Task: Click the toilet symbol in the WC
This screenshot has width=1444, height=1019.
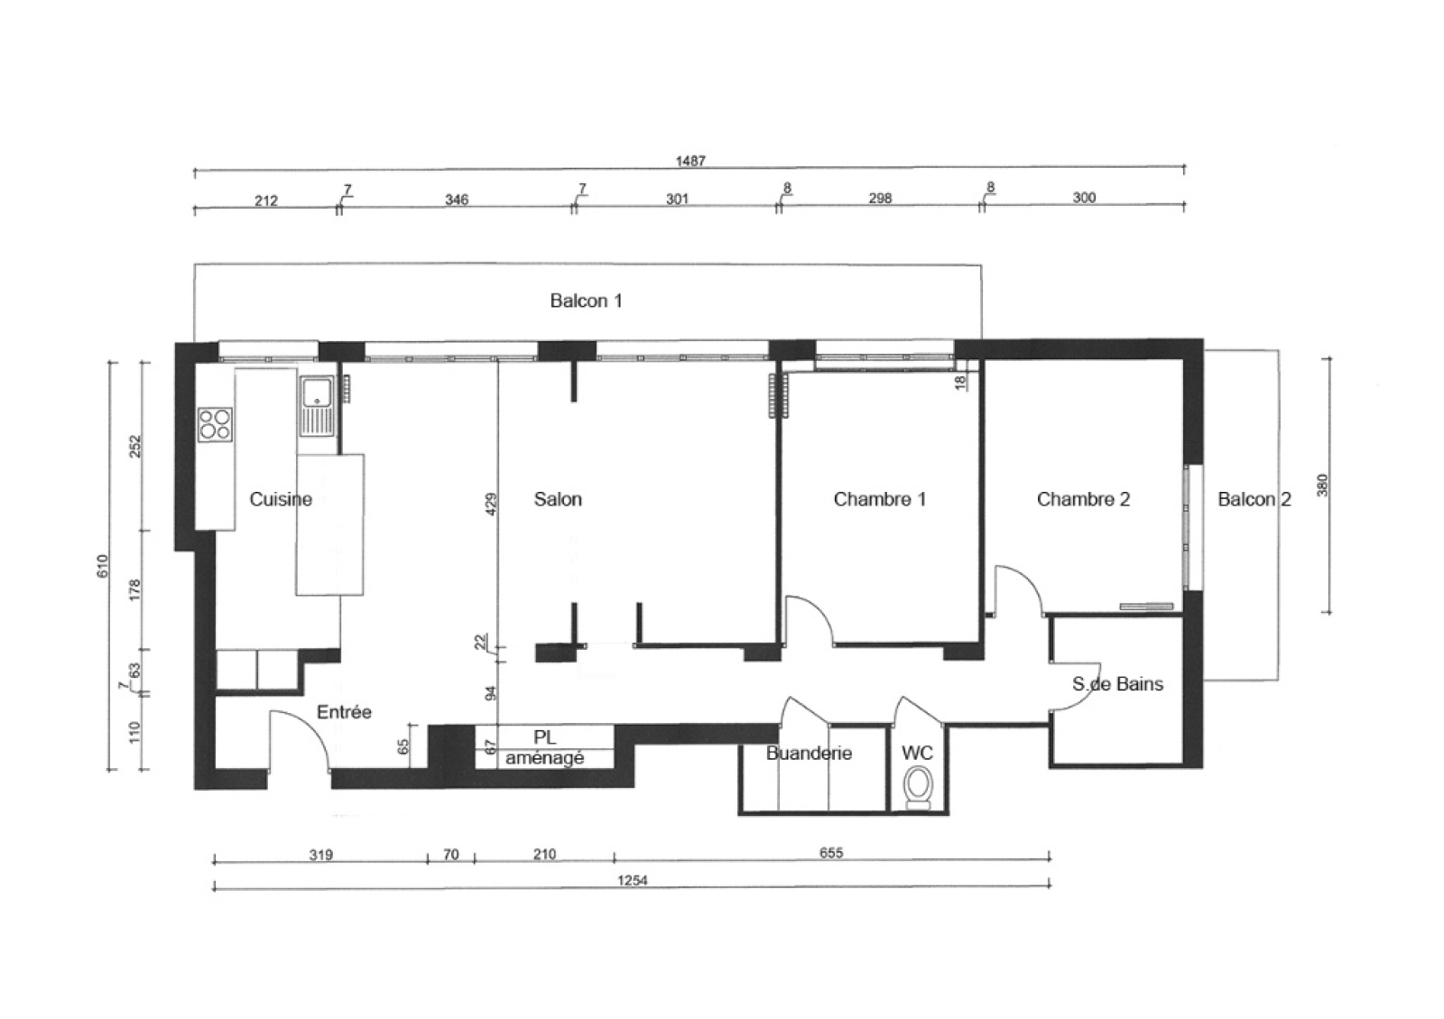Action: click(917, 788)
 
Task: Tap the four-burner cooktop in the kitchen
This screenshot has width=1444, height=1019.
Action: click(216, 424)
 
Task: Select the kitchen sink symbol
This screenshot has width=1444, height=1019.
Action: click(317, 406)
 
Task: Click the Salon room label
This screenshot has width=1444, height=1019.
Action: click(558, 499)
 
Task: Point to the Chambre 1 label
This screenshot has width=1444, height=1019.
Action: click(880, 499)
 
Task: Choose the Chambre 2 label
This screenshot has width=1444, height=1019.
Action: click(1083, 499)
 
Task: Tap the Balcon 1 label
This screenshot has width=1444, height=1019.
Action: click(586, 301)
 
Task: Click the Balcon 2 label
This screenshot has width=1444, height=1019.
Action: click(1254, 499)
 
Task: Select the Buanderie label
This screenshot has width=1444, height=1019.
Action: click(809, 753)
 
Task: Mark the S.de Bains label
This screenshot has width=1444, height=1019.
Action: click(1118, 684)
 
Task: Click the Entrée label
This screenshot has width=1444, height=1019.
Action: click(344, 712)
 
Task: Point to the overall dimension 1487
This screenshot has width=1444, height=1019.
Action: click(690, 161)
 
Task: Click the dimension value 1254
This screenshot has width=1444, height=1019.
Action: click(633, 880)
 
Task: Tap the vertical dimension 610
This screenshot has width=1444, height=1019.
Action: click(103, 566)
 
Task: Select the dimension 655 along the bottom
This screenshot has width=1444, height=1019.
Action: click(831, 853)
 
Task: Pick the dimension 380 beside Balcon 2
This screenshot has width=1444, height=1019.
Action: click(1322, 485)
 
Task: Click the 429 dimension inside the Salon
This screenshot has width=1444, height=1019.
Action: click(491, 504)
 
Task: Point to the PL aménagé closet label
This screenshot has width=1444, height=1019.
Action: click(545, 747)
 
